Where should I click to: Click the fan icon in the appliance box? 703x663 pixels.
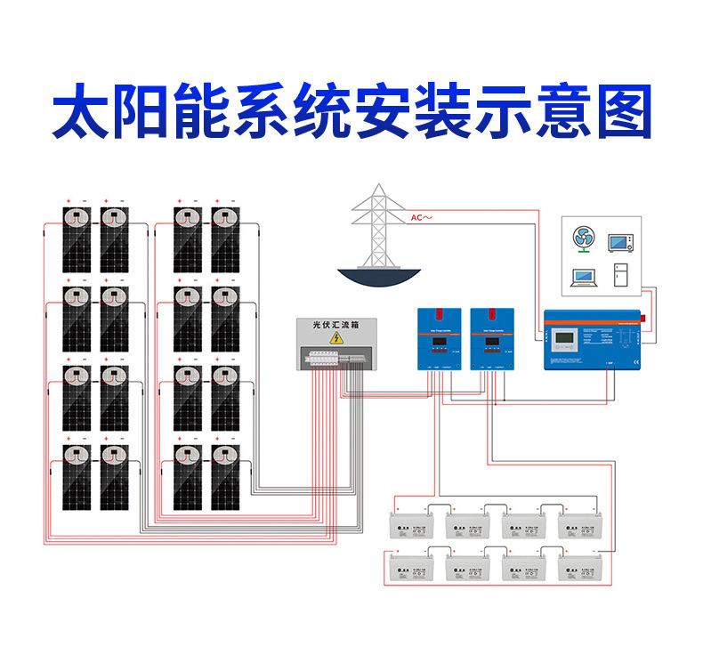click(584, 239)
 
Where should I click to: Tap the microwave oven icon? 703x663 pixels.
click(620, 241)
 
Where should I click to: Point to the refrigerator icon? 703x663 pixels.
click(620, 275)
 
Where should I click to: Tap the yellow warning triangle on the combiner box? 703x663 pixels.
click(336, 339)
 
